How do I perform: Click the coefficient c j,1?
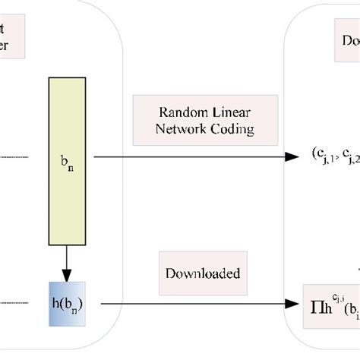point(322,158)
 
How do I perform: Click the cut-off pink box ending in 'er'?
point(12,37)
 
